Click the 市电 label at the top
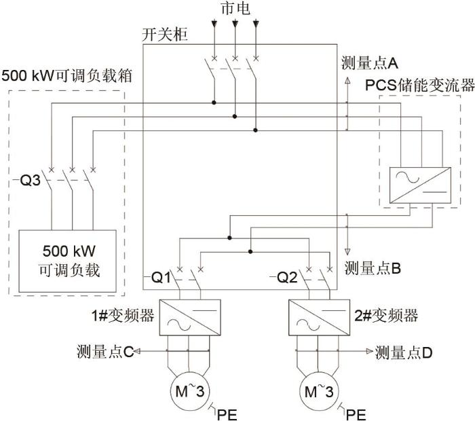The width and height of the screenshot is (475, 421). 235,8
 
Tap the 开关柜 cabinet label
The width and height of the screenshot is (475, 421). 165,35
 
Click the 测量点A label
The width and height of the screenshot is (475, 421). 370,63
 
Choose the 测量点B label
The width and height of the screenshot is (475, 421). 373,268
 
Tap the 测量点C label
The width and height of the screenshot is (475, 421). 105,352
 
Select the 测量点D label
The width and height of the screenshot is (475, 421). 404,352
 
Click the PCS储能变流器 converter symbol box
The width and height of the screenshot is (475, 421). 420,185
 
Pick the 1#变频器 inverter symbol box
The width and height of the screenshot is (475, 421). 190,317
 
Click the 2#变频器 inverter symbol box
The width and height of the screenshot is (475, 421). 320,317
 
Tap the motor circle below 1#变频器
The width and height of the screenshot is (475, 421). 189,373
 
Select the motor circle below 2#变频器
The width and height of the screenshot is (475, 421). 319,373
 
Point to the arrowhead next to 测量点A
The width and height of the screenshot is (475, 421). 347,80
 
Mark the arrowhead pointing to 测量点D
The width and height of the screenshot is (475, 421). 370,351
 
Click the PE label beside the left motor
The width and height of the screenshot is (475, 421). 227,415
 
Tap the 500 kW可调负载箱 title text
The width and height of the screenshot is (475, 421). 67,75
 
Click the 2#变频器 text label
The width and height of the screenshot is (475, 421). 386,316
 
